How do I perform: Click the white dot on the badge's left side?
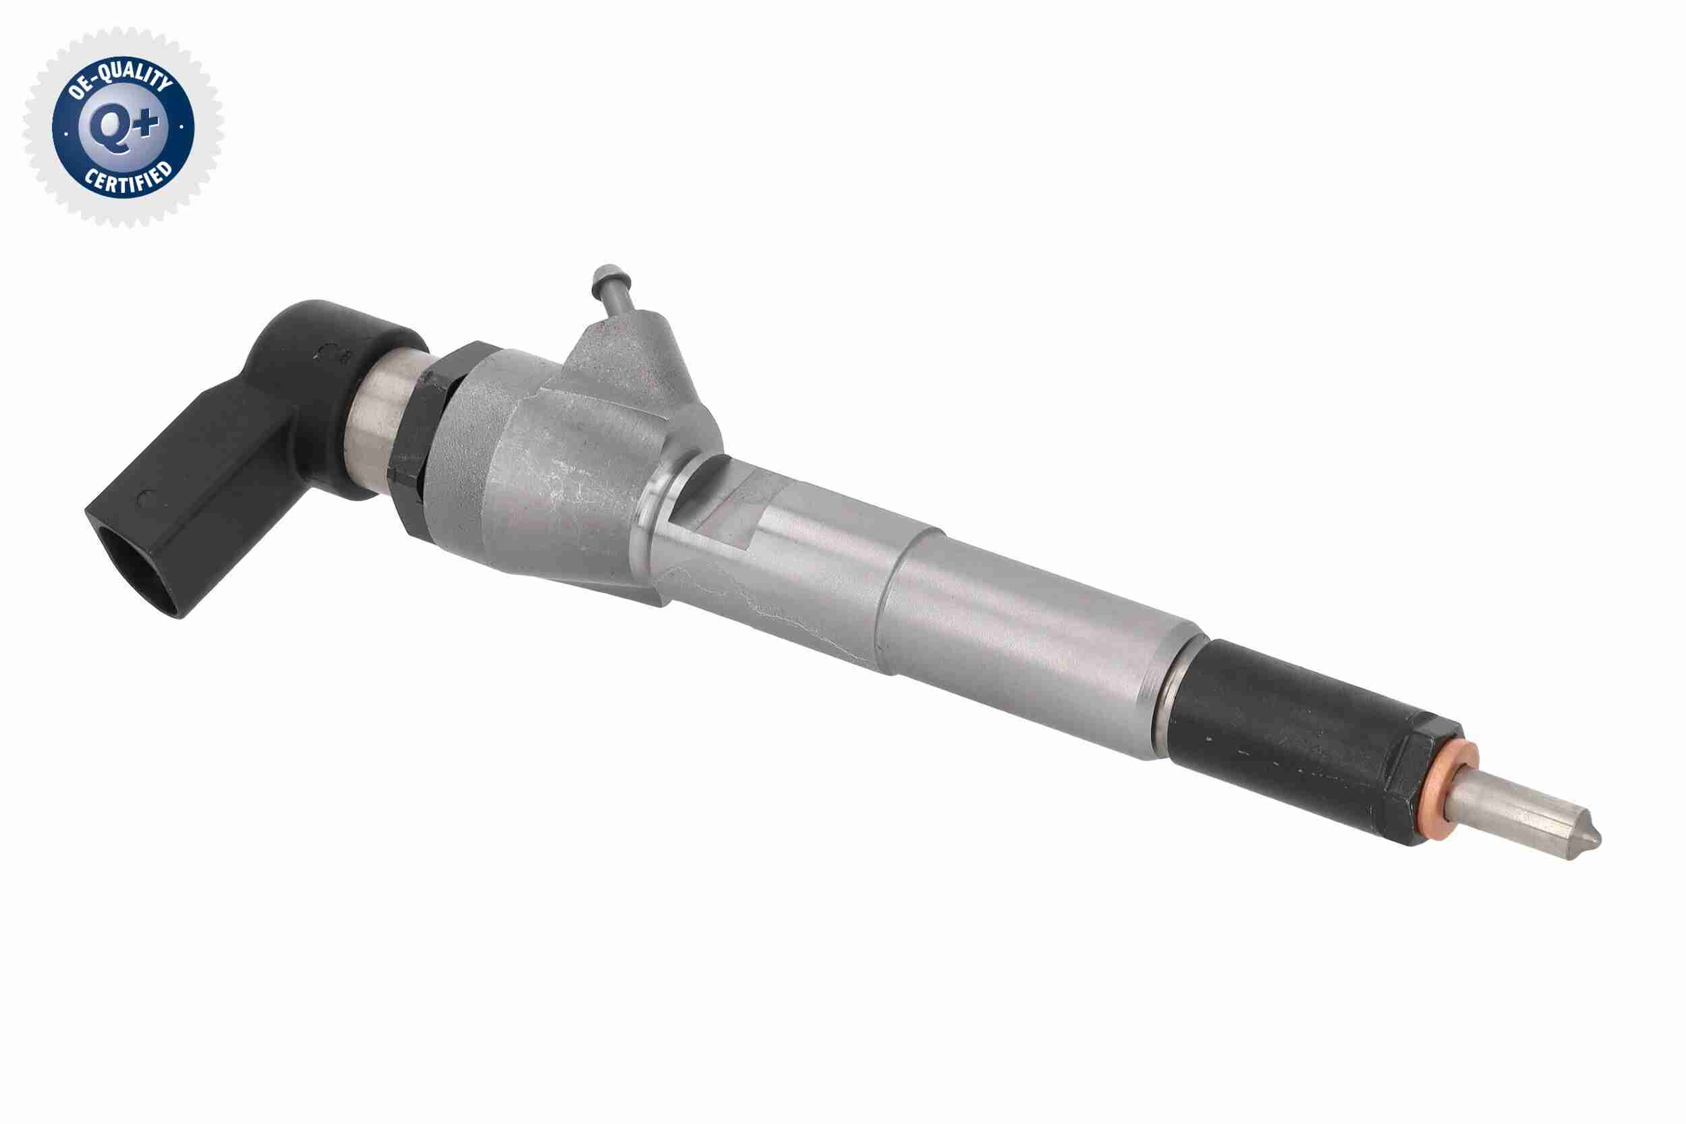pyautogui.click(x=67, y=134)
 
